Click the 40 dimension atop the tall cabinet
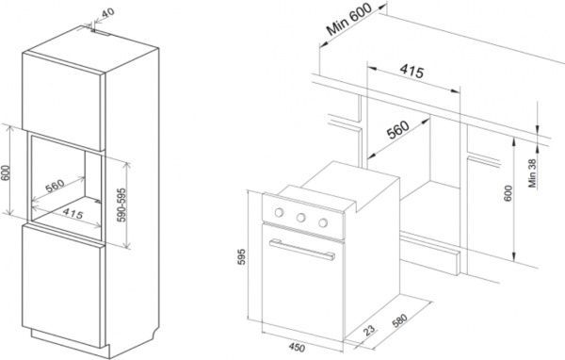coord(107,12)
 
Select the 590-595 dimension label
coord(122,205)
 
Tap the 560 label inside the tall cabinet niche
coord(56,186)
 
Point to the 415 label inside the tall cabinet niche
coord(73,214)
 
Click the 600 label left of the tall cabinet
coord(5,172)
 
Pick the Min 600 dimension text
coord(348,20)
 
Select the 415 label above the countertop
coord(412,72)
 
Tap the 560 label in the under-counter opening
coord(397,130)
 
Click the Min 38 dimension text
coord(533,173)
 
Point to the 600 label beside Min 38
coord(508,193)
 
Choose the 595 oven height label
coord(242,256)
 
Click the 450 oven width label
coord(297,348)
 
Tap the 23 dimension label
coord(369,330)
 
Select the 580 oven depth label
coord(399,320)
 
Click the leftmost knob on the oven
coord(279,212)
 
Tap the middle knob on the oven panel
coord(301,218)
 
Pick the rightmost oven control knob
coord(323,223)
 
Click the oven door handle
coord(302,250)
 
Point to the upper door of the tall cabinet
coord(64,102)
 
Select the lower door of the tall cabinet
coord(62,285)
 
